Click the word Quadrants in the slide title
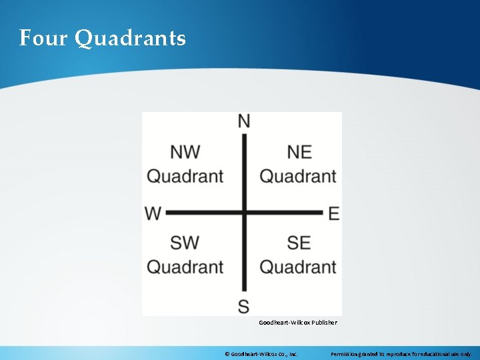(x=131, y=39)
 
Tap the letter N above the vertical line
(x=244, y=121)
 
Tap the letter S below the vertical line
(x=244, y=306)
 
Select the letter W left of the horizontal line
(x=153, y=213)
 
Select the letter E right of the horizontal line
(x=334, y=213)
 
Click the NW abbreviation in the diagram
(x=185, y=152)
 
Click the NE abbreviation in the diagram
(x=299, y=152)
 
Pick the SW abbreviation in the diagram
(x=185, y=243)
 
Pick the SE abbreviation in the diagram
(x=299, y=243)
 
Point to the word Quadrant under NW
(x=185, y=177)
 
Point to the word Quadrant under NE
(x=298, y=177)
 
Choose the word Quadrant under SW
(x=185, y=267)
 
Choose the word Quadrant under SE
(x=298, y=267)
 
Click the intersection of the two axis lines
(x=244, y=213)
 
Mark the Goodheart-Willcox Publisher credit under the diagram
(x=298, y=323)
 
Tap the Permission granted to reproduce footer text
(x=401, y=354)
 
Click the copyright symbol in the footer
(x=227, y=354)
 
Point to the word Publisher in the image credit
(x=323, y=323)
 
